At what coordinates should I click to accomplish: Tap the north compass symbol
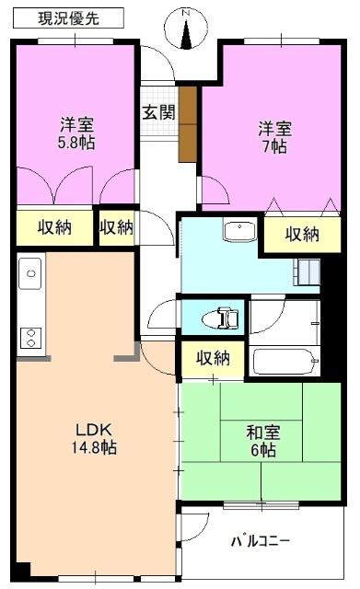click(x=187, y=29)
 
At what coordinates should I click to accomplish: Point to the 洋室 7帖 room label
click(x=273, y=137)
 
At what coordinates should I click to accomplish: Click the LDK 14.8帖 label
click(x=95, y=437)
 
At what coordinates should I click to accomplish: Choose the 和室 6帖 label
click(x=261, y=439)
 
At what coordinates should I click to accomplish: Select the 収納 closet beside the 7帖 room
click(x=301, y=235)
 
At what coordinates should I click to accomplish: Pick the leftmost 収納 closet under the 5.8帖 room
click(x=55, y=226)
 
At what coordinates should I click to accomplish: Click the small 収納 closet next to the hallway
click(x=116, y=226)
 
